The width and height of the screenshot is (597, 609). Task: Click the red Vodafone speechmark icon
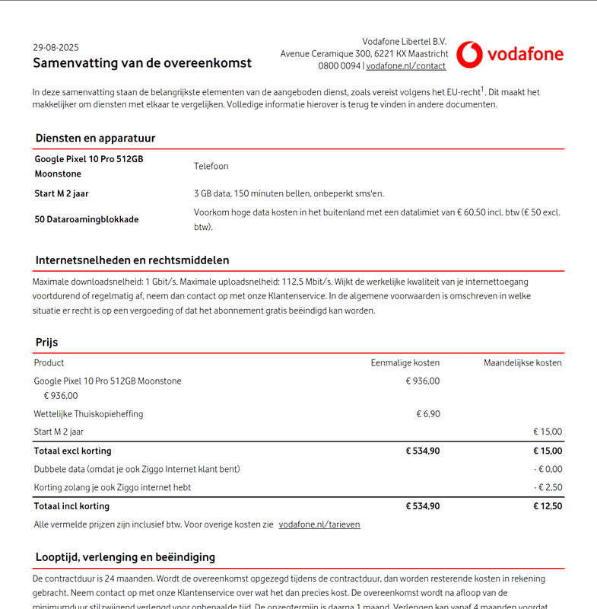click(468, 54)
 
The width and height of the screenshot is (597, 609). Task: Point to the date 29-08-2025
click(56, 47)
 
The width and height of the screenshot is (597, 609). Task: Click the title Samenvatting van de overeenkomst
click(142, 63)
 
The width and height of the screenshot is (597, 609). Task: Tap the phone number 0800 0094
click(339, 66)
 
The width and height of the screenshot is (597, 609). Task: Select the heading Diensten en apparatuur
click(95, 139)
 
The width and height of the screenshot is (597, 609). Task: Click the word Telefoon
click(211, 166)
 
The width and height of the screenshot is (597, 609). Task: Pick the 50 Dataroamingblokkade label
click(87, 219)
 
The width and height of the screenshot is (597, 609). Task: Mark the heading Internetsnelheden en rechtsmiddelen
click(132, 260)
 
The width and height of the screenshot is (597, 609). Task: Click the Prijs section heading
click(46, 343)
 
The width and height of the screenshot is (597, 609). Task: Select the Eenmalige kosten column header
click(405, 363)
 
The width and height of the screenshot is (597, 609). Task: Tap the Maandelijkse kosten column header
click(522, 363)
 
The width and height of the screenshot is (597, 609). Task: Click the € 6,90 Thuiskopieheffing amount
click(427, 414)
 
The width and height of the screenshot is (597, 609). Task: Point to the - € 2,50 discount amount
click(548, 487)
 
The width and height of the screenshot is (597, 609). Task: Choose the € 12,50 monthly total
click(548, 506)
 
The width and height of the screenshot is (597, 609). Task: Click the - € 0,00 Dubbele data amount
click(548, 469)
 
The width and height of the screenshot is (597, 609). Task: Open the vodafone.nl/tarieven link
click(319, 525)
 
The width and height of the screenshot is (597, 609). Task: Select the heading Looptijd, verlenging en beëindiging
click(125, 557)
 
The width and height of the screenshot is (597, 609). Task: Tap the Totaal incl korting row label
click(71, 506)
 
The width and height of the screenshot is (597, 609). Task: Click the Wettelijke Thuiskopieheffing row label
click(88, 414)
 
